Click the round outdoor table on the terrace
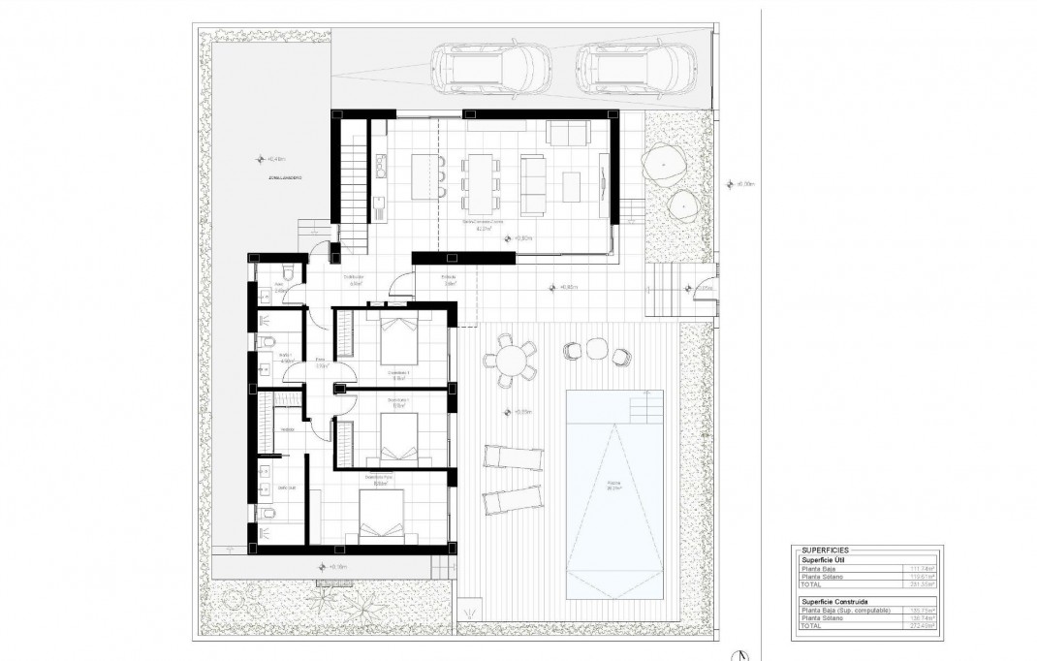pos(510,360)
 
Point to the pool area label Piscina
pos(613,484)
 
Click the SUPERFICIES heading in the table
pos(825,550)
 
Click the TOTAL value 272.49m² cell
pos(922,627)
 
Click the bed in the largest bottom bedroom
pos(380,514)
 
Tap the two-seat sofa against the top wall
pos(568,133)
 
